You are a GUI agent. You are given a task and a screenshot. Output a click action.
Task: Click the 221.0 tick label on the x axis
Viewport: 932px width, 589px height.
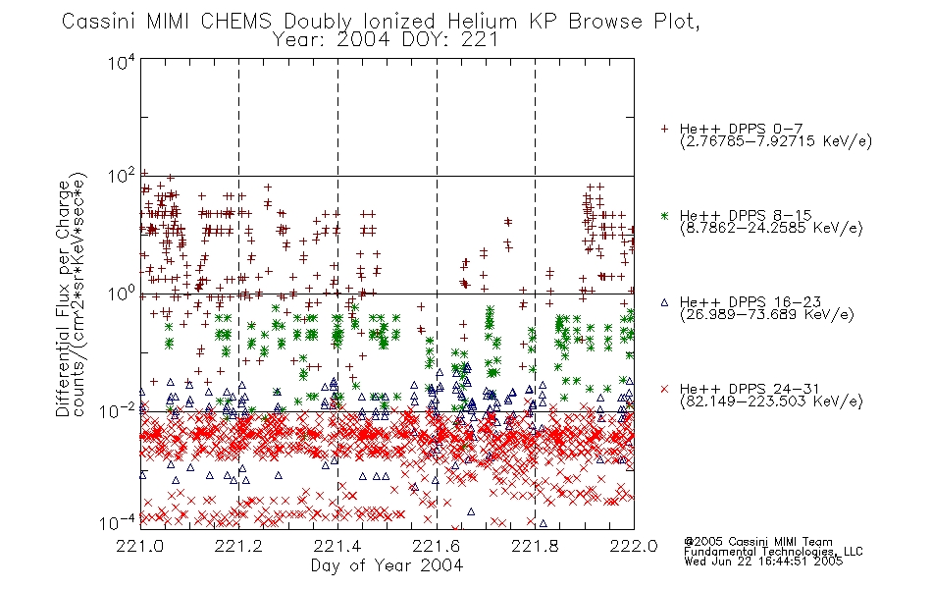point(139,546)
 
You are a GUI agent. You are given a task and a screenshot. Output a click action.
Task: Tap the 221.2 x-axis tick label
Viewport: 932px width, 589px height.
point(238,546)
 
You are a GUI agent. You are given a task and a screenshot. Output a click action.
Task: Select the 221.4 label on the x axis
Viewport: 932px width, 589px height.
point(337,546)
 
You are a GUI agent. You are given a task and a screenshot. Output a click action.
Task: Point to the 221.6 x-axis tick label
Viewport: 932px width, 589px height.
point(436,546)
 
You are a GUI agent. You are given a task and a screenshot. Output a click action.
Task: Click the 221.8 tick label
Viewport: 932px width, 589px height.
point(535,546)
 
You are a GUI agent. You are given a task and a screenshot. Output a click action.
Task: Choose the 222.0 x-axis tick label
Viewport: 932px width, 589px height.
point(634,546)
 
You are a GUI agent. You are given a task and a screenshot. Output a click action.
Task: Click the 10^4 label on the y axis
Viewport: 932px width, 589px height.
point(122,62)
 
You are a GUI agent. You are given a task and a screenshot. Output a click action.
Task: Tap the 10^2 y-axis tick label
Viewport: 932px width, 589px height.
point(122,177)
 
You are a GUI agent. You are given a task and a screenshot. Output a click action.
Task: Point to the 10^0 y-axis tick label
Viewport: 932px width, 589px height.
point(122,294)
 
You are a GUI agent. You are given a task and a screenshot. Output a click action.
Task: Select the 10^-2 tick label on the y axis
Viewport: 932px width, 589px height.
point(118,410)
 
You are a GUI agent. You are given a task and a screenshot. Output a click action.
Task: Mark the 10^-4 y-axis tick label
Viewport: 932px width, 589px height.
point(118,522)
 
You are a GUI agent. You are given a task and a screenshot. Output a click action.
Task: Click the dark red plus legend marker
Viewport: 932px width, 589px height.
point(664,129)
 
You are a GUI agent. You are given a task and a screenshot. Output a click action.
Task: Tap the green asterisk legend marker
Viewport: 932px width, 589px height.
point(664,215)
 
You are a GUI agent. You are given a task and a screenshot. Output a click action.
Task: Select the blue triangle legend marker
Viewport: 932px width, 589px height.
point(664,302)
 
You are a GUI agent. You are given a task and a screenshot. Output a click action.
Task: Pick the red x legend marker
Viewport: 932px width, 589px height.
point(664,389)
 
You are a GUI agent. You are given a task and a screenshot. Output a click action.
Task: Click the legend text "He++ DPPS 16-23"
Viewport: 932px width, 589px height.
point(751,302)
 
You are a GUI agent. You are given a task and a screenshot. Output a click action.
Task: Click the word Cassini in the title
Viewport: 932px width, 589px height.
point(99,22)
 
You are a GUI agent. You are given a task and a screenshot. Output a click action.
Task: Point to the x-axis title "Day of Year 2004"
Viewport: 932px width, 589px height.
point(387,565)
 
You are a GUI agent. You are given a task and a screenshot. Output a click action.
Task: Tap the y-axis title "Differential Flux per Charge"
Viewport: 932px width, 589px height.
point(63,298)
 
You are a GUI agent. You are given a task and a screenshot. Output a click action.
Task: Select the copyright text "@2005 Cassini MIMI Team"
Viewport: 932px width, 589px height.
point(757,542)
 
